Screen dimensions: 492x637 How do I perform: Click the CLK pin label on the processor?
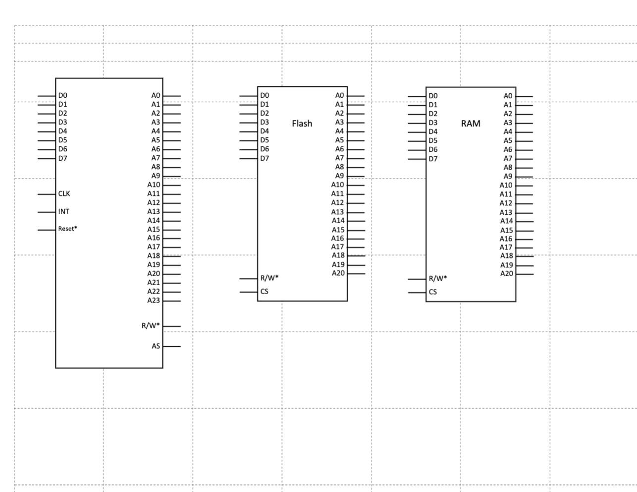pos(64,193)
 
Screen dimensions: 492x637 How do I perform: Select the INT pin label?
pos(64,211)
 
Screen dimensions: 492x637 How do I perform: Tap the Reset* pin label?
pos(67,229)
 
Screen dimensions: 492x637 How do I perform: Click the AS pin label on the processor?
pos(156,346)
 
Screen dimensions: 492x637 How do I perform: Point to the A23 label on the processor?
pos(154,300)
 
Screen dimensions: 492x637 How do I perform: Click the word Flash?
pos(302,123)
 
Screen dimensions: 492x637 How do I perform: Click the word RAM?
pos(470,123)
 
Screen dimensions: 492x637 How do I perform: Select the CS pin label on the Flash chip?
pos(264,291)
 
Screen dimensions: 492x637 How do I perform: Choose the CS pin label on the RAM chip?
pos(432,292)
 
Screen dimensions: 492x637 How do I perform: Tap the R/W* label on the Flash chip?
pos(269,278)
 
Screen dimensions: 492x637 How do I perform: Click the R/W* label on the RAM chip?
pos(437,278)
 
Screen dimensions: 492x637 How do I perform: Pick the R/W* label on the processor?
pos(151,325)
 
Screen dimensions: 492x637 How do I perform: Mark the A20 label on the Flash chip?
pos(338,273)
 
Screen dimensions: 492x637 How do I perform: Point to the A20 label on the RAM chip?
pos(506,273)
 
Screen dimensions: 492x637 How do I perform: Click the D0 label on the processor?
pos(62,95)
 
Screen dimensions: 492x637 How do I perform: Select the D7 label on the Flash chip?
pos(265,158)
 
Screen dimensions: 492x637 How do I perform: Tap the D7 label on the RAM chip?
pos(433,159)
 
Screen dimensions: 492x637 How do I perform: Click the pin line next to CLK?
pos(46,194)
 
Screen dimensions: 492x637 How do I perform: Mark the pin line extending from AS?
pos(172,346)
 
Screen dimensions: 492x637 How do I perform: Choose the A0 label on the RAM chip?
pos(508,96)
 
